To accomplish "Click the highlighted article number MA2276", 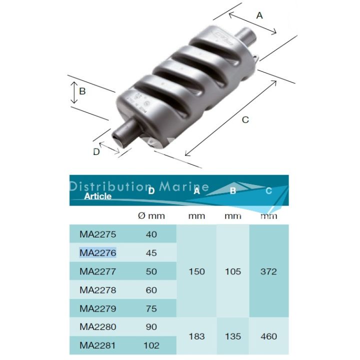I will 97,253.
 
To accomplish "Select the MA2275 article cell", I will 97,234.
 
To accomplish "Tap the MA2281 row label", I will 97,345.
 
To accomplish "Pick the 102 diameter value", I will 151,345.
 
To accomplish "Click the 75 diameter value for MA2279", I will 151,308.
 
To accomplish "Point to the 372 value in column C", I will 268,271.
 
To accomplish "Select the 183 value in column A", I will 196,336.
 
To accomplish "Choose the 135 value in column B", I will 232,336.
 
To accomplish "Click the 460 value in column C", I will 268,336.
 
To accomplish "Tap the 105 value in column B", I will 232,271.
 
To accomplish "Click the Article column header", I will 98,196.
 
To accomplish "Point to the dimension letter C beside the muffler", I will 245,119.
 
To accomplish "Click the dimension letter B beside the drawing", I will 82,91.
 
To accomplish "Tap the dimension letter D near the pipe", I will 96,152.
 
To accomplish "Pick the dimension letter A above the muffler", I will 259,15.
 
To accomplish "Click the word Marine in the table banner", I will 191,187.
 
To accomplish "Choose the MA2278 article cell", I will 97,290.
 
